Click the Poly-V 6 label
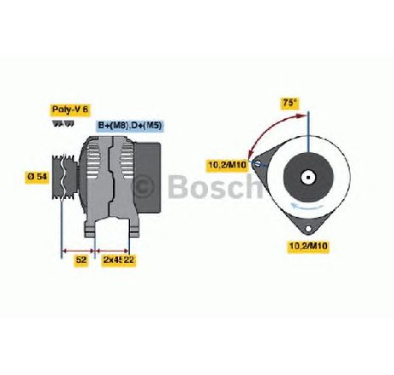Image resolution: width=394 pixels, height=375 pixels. [x=70, y=110]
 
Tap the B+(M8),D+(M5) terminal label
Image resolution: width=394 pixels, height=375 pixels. [x=130, y=126]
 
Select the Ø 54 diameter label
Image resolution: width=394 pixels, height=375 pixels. [x=37, y=177]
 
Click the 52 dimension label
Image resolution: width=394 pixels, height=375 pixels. [x=81, y=259]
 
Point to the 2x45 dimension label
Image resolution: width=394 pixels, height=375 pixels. [x=112, y=259]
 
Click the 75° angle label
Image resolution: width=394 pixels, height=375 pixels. [x=290, y=103]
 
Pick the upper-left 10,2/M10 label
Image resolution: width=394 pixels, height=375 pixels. [x=228, y=165]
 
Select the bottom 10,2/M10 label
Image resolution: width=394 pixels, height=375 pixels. [x=308, y=246]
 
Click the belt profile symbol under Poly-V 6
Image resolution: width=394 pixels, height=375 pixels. [x=63, y=123]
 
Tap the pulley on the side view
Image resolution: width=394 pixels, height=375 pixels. [x=65, y=177]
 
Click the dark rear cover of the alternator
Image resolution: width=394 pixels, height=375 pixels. [x=149, y=178]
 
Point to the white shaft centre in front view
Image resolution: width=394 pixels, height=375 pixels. [x=308, y=178]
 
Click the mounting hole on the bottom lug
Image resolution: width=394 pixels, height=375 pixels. [x=308, y=229]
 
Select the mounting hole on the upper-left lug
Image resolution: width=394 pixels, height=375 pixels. [x=257, y=164]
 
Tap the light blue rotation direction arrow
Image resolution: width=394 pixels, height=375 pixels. [x=308, y=207]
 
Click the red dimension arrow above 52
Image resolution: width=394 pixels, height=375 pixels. [x=78, y=251]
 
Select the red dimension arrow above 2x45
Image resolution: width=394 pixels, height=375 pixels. [x=112, y=251]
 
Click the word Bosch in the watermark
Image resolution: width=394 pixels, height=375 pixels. [x=216, y=186]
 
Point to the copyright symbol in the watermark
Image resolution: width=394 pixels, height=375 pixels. [x=144, y=186]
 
